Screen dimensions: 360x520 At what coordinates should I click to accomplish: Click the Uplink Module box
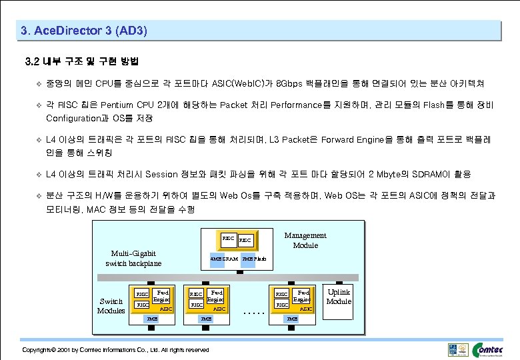[339, 297]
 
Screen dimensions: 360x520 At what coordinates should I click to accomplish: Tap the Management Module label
[305, 240]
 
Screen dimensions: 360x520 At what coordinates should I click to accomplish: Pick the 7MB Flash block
[254, 258]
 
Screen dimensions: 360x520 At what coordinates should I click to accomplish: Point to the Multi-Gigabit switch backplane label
[133, 258]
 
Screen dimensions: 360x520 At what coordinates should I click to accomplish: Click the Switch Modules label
[111, 305]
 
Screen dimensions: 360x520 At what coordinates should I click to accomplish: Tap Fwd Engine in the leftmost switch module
[161, 295]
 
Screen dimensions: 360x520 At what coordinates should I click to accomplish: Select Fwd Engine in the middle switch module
[216, 295]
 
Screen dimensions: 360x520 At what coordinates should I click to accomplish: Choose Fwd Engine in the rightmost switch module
[303, 295]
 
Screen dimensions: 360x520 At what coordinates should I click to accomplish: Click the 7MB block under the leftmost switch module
[153, 319]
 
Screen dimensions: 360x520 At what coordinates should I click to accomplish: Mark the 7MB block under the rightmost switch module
[292, 319]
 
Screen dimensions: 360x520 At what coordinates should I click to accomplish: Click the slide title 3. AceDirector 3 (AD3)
[84, 31]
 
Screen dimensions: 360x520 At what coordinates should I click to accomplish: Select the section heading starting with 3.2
[81, 62]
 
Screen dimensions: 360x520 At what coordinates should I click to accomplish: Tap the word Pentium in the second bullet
[119, 105]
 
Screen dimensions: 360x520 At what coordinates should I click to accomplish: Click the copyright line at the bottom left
[115, 349]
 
